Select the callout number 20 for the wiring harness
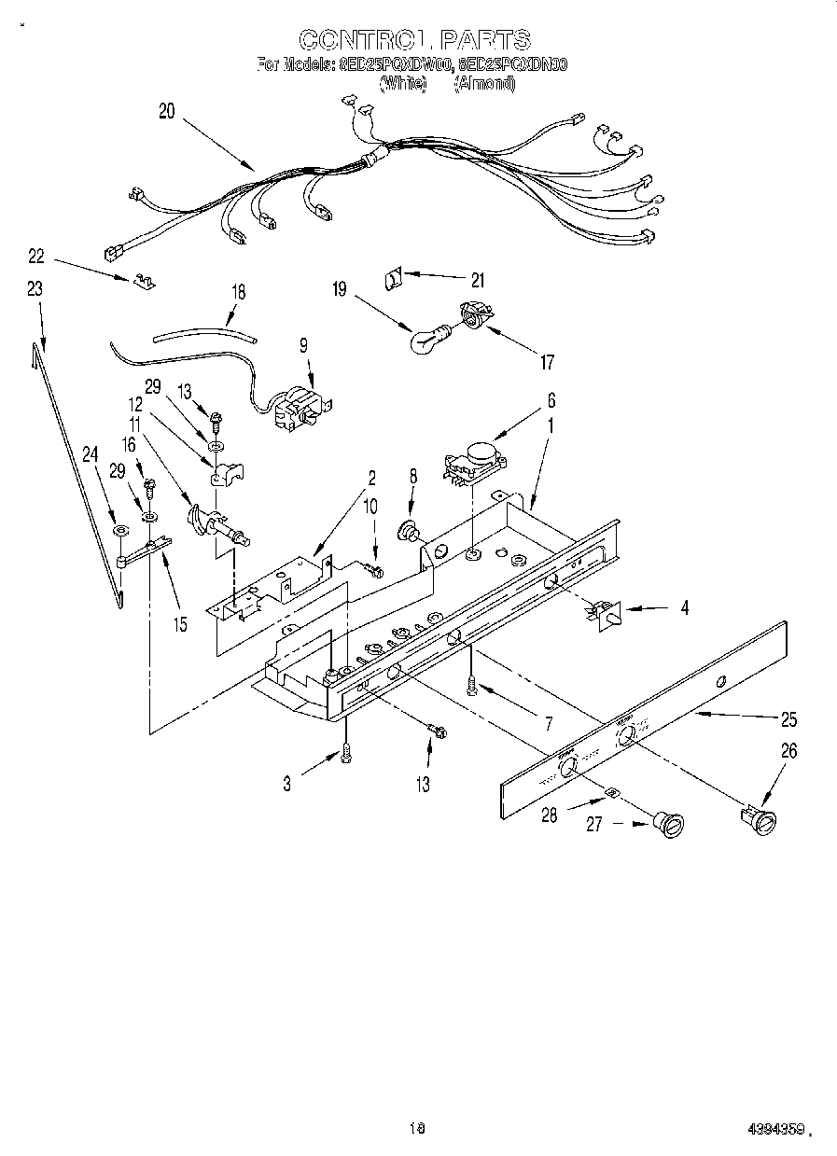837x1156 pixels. click(167, 111)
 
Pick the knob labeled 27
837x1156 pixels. click(668, 824)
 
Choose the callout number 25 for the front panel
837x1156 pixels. click(788, 719)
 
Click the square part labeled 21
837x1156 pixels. click(394, 276)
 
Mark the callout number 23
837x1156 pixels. click(35, 289)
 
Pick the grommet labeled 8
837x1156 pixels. click(408, 532)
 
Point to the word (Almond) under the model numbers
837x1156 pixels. click(484, 83)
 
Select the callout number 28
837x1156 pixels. click(549, 814)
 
